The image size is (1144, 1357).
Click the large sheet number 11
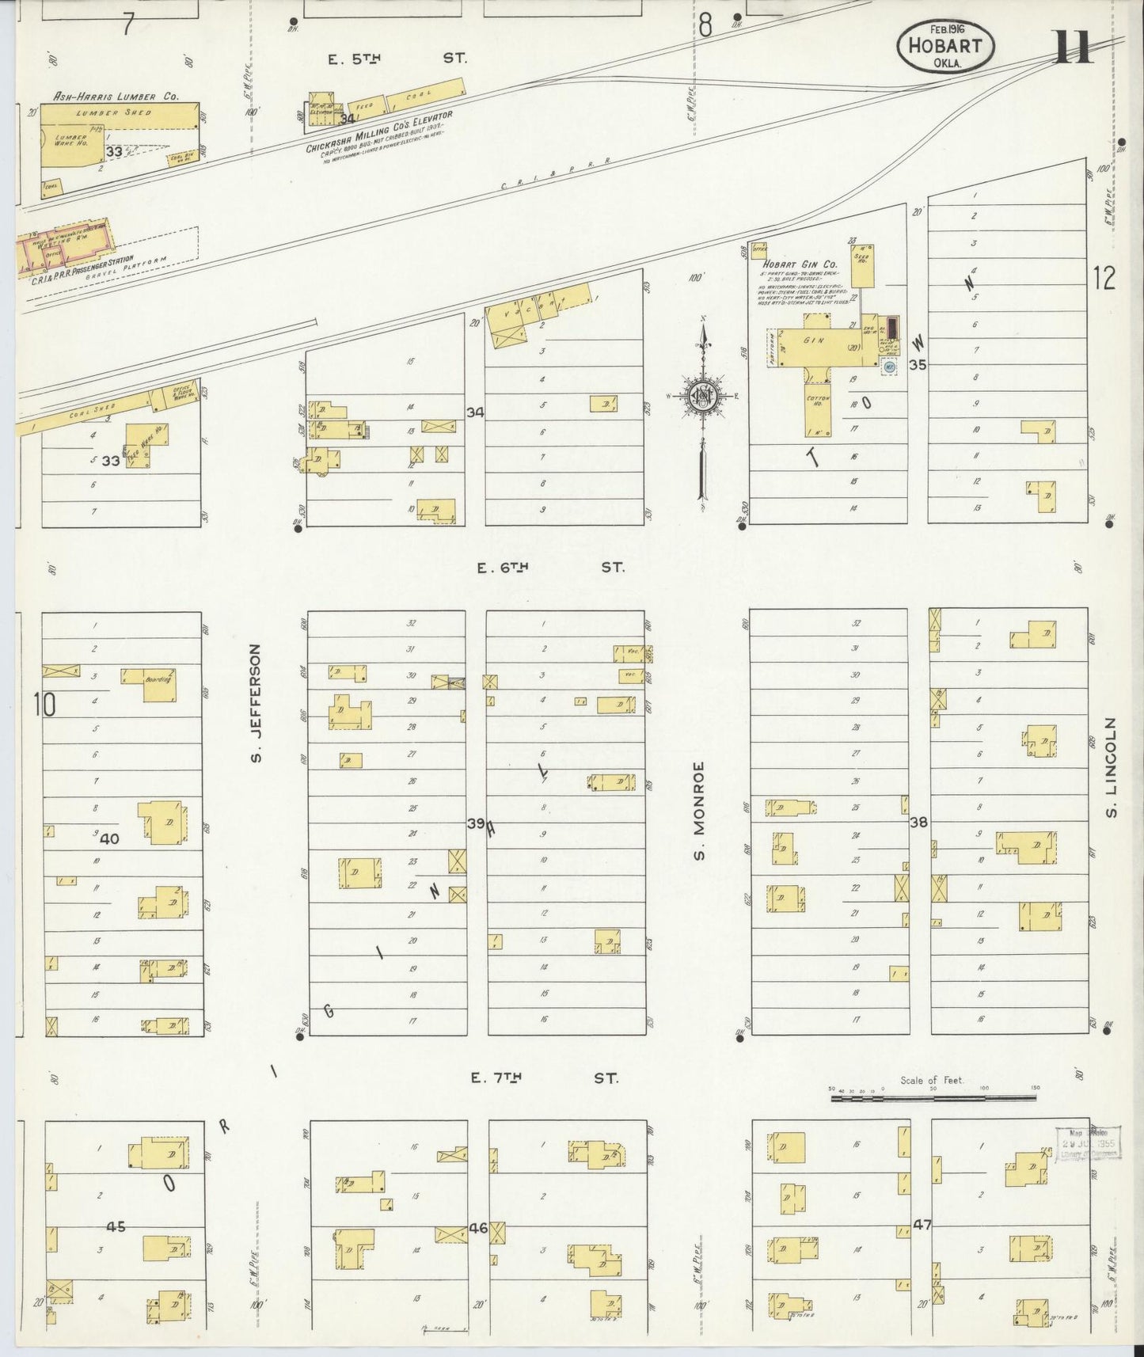(x=1074, y=47)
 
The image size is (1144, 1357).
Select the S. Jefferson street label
(x=256, y=705)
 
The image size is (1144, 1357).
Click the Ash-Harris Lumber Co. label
(x=116, y=96)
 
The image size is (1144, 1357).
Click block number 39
(x=475, y=823)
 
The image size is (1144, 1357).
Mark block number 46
(x=477, y=1228)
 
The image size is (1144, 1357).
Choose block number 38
(x=918, y=823)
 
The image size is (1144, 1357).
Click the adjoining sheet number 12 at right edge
(x=1104, y=278)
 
